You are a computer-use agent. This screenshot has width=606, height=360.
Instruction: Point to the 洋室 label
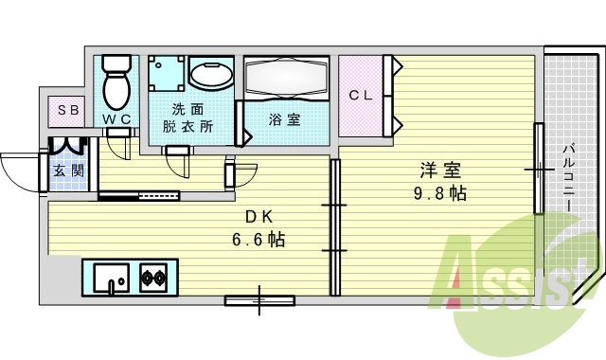pyautogui.click(x=440, y=171)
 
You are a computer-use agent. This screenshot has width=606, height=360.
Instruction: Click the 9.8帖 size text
pyautogui.click(x=440, y=193)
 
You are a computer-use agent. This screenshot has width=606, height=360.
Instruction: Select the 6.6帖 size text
pyautogui.click(x=258, y=239)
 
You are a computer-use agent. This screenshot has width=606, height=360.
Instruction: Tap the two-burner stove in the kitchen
pyautogui.click(x=154, y=279)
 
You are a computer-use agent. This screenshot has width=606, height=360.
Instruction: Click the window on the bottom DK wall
pyautogui.click(x=259, y=302)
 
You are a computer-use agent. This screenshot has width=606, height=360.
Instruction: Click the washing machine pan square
pyautogui.click(x=167, y=74)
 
